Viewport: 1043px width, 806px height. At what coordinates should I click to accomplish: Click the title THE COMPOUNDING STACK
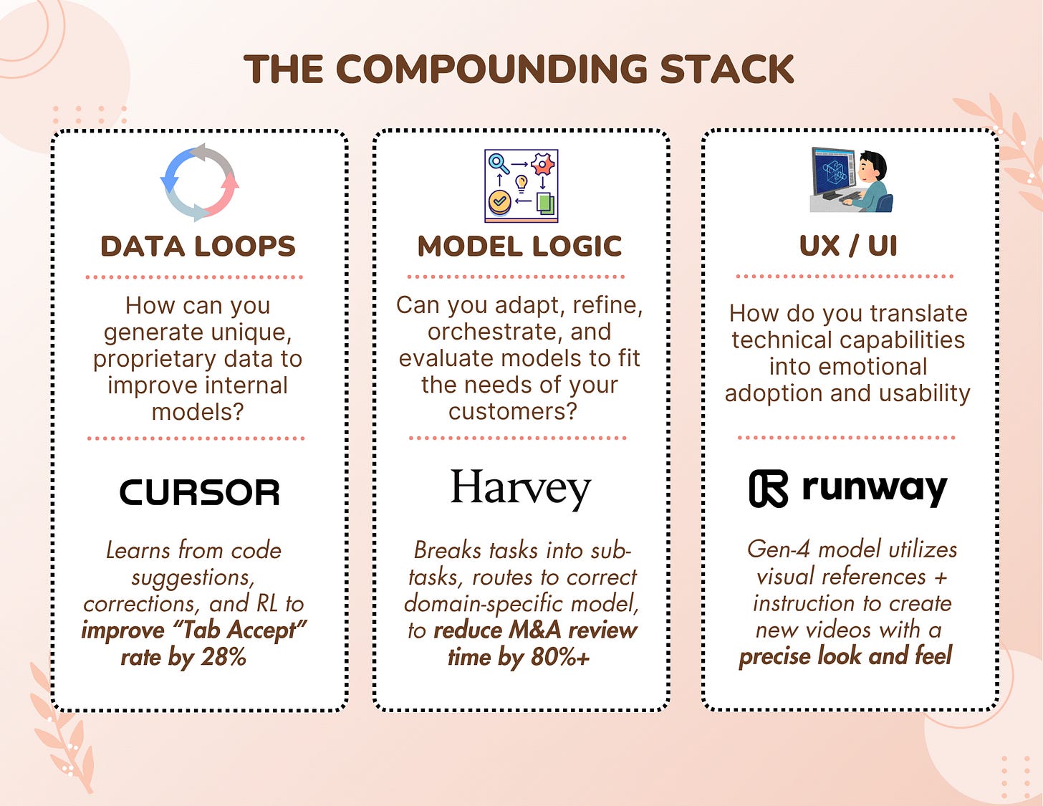(519, 69)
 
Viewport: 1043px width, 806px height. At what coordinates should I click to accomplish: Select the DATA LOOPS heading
(198, 246)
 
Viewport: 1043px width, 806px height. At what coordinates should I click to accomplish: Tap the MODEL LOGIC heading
(519, 246)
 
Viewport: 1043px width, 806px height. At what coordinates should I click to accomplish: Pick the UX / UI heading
(848, 246)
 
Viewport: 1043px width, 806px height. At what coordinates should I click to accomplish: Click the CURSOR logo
(199, 492)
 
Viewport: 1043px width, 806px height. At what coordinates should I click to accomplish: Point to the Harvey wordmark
(520, 489)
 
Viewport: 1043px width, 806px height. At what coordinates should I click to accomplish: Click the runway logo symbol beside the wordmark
(768, 489)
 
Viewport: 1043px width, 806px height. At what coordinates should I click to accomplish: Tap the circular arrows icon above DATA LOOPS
(199, 182)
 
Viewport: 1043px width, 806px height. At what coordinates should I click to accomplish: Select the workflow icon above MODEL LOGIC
(521, 186)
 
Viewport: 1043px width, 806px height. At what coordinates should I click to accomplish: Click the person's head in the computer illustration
(873, 168)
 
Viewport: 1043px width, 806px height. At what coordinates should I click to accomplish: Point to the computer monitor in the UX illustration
(833, 171)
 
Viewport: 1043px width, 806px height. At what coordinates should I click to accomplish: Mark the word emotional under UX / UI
(848, 367)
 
